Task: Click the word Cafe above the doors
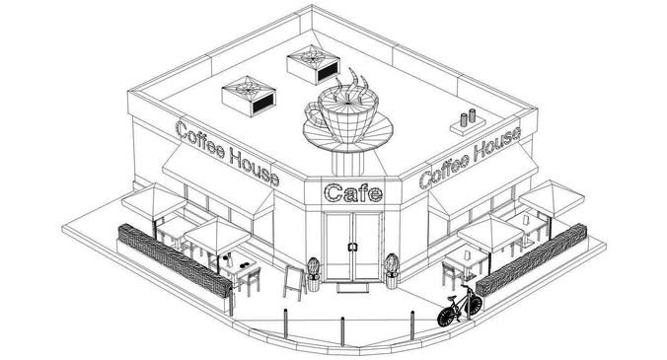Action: pyautogui.click(x=352, y=193)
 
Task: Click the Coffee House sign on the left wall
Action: pyautogui.click(x=226, y=153)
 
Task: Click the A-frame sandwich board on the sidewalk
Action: pyautogui.click(x=294, y=280)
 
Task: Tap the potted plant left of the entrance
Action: pyautogui.click(x=314, y=272)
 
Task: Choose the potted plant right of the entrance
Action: pyautogui.click(x=392, y=269)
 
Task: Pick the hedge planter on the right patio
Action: pyautogui.click(x=532, y=260)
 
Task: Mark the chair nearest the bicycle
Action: pyautogui.click(x=452, y=271)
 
